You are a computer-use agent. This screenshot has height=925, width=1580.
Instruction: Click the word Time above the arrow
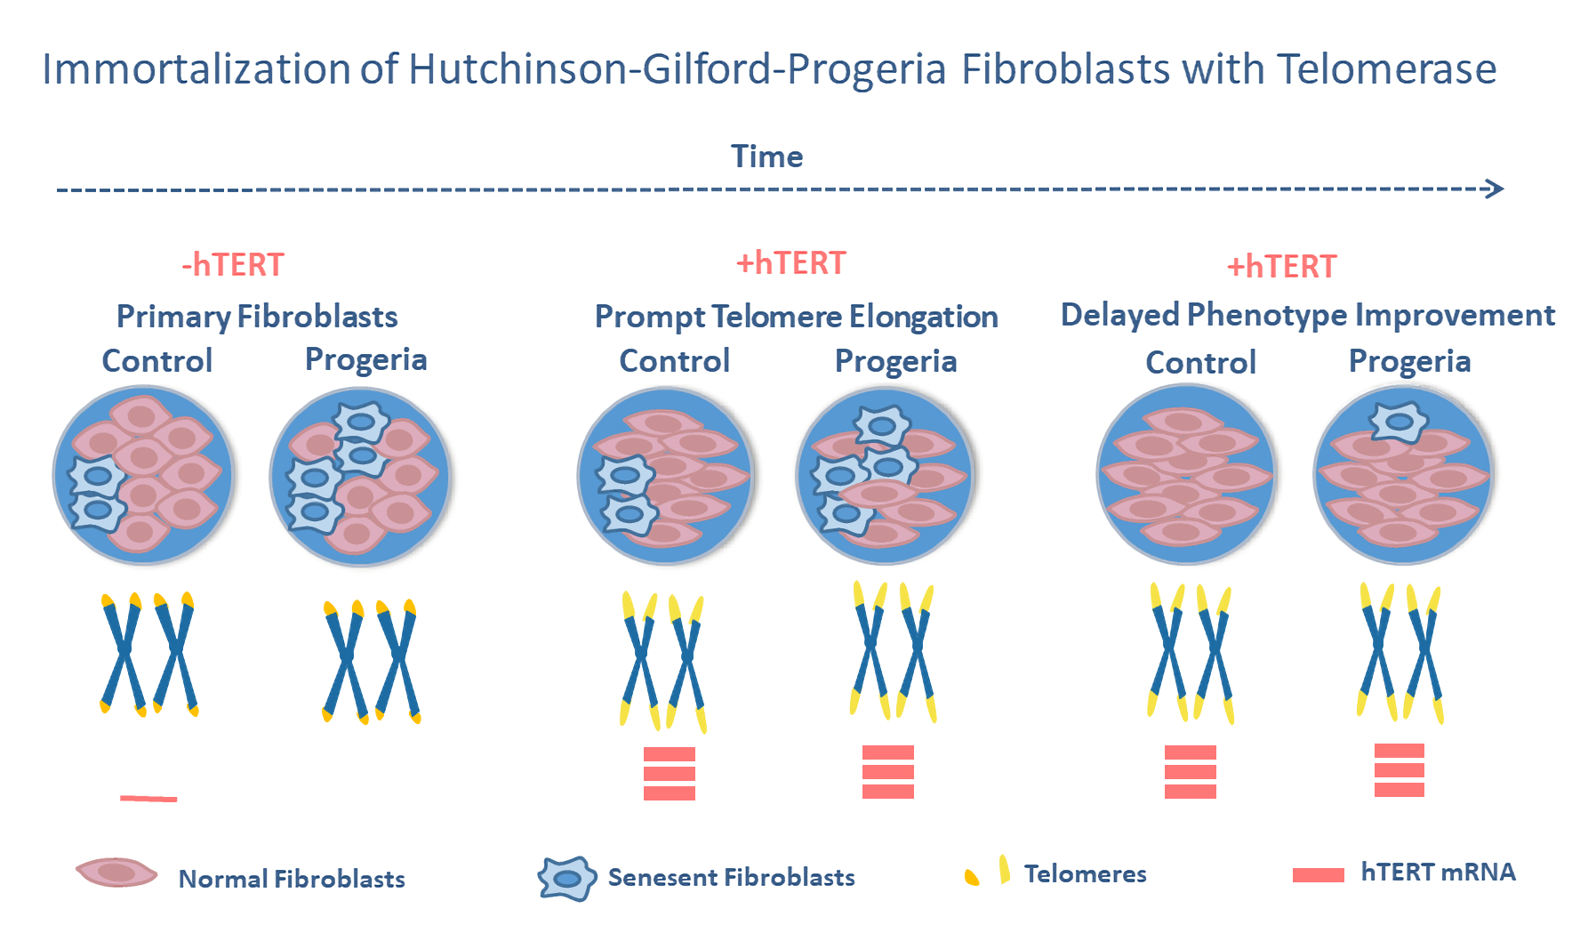point(766,157)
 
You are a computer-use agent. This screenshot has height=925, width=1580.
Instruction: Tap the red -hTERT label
point(233,265)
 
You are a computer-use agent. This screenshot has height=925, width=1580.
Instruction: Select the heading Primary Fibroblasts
point(257,317)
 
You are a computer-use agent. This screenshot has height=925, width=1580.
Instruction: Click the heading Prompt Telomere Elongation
point(796,317)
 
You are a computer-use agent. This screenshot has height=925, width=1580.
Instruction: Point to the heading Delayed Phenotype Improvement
point(1307,315)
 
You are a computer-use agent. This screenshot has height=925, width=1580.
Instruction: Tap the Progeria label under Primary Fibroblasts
point(365,359)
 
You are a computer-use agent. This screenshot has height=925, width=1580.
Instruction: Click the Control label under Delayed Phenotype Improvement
point(1200,362)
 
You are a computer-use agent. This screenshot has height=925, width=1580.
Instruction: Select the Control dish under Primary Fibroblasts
point(143,475)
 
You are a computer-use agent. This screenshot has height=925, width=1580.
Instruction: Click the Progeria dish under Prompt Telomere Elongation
point(886,475)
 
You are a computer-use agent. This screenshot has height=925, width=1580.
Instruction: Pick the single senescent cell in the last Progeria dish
point(1399,422)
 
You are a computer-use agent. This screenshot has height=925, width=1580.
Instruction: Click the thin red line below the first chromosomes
point(148,799)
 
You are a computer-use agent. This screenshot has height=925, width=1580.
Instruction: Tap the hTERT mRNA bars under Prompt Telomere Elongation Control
point(669,773)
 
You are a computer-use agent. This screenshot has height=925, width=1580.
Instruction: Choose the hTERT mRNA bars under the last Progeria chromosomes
point(1399,770)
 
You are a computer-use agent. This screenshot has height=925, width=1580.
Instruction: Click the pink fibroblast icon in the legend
point(116,873)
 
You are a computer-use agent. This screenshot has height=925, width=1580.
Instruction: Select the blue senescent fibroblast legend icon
point(566,879)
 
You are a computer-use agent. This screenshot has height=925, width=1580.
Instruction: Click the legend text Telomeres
point(1085,874)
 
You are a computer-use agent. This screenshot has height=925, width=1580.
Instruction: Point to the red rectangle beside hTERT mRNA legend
point(1318,875)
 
